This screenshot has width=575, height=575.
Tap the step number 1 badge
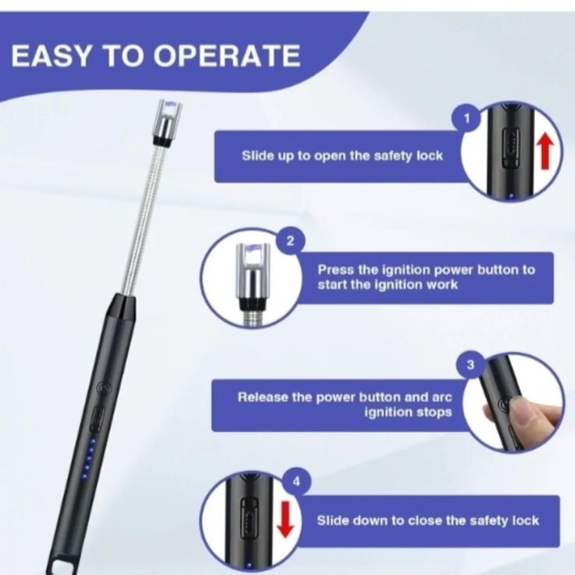click(467, 118)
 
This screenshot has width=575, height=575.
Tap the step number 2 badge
click(290, 240)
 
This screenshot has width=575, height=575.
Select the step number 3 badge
click(470, 364)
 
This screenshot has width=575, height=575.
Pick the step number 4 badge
click(295, 482)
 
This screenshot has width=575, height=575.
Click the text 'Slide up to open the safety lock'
click(342, 155)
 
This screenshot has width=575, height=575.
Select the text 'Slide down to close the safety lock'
click(427, 520)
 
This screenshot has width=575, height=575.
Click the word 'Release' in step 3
click(263, 397)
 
